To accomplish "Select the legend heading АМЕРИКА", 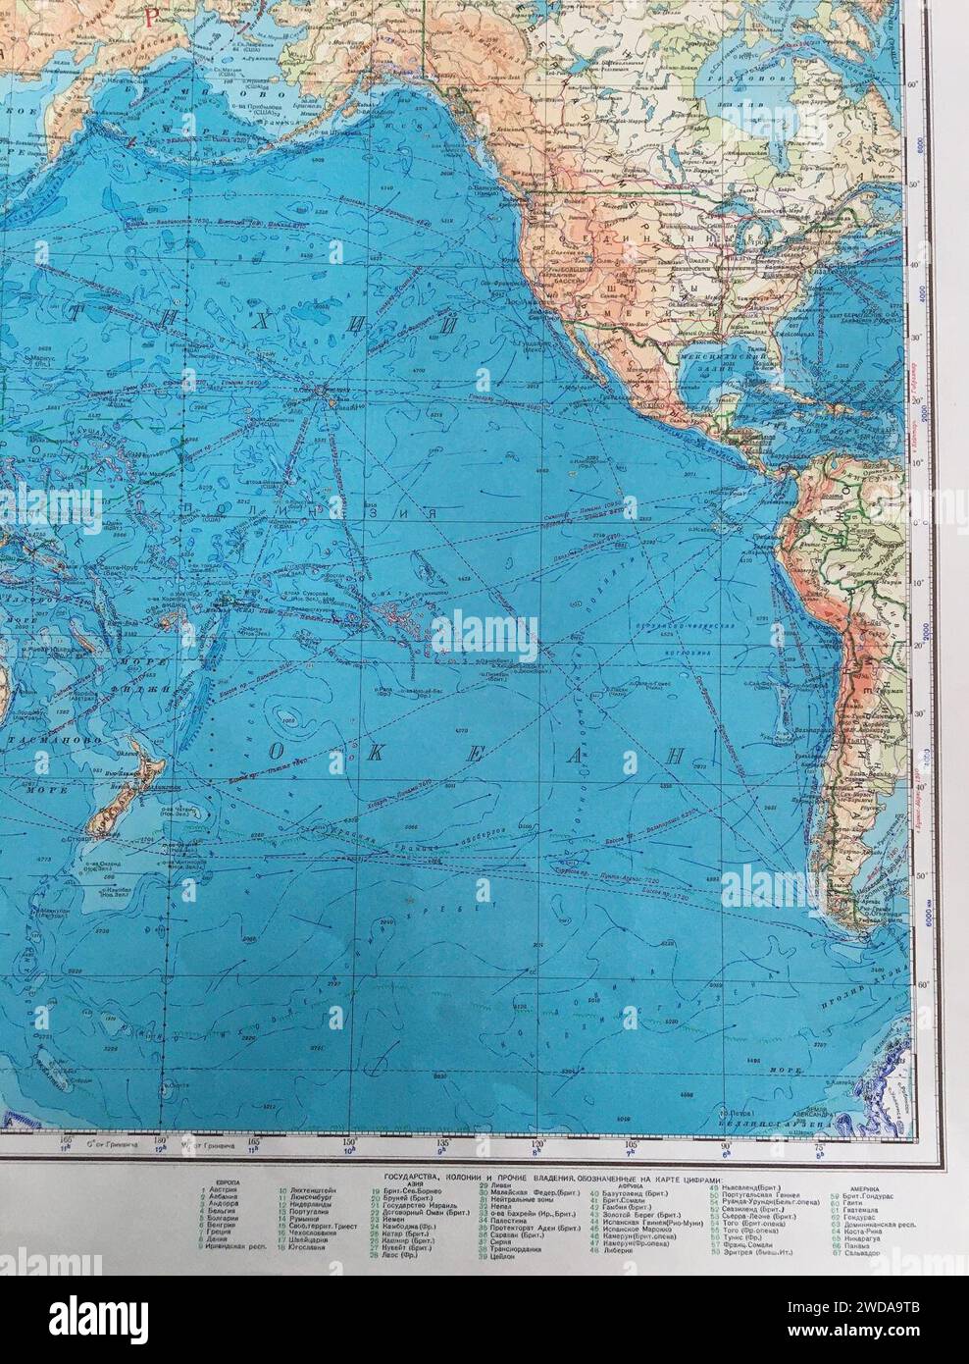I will point(849,1184).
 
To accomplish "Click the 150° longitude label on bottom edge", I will point(349,1142).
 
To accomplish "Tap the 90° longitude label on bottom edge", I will point(727,1142).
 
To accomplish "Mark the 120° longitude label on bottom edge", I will point(538,1142).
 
